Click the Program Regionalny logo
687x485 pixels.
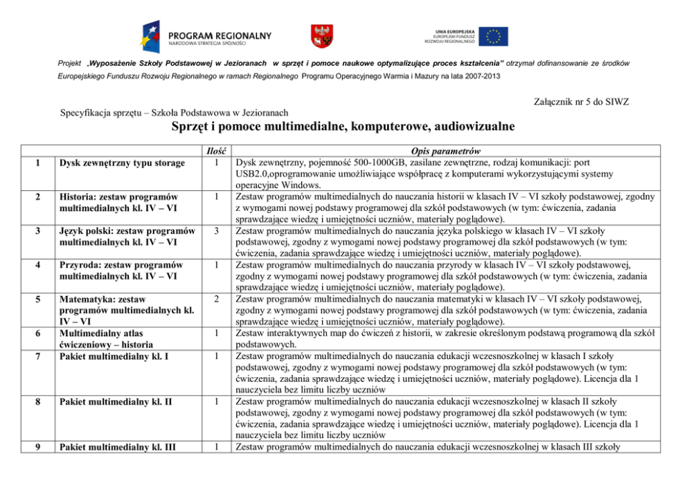coord(206,37)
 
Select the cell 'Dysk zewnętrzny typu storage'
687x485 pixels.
coord(121,163)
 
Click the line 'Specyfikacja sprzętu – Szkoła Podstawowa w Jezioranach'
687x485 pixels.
coord(174,112)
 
